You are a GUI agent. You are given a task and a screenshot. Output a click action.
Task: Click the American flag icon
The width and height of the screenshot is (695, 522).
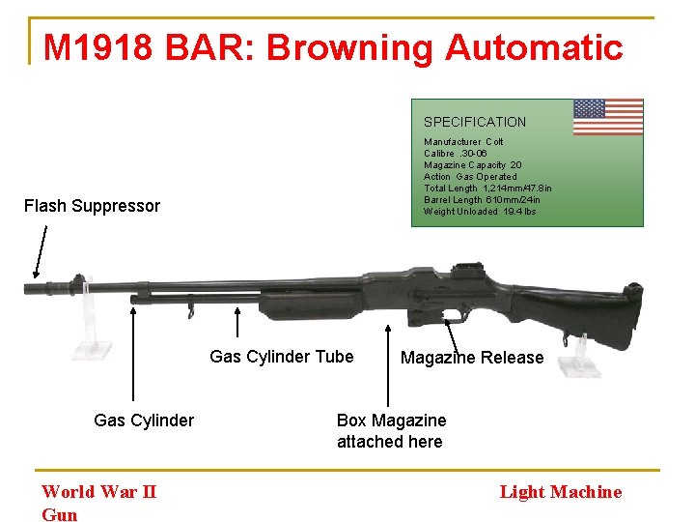click(608, 117)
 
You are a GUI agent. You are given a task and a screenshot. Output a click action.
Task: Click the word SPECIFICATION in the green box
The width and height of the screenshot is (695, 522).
click(475, 122)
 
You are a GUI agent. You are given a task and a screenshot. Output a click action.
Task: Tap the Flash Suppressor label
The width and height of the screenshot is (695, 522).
click(92, 205)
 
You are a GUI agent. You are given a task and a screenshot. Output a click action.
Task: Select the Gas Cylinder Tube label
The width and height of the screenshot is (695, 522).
click(282, 357)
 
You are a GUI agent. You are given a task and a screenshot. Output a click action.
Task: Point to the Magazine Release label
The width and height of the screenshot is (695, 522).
click(472, 358)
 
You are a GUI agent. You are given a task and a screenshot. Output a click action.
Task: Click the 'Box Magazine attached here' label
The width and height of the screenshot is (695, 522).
click(391, 431)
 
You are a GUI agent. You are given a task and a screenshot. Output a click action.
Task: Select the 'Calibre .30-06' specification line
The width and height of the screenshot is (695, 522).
click(459, 154)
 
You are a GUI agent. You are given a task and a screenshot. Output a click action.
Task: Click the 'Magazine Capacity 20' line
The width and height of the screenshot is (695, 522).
click(473, 165)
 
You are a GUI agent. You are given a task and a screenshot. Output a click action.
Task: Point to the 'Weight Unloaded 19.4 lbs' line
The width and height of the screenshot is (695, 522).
click(480, 212)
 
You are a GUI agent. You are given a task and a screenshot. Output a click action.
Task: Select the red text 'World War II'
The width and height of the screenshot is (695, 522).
click(98, 491)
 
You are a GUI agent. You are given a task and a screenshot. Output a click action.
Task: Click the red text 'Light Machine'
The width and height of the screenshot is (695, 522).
click(560, 492)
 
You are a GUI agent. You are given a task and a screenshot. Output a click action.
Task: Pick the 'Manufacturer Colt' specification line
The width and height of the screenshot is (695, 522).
click(463, 142)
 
